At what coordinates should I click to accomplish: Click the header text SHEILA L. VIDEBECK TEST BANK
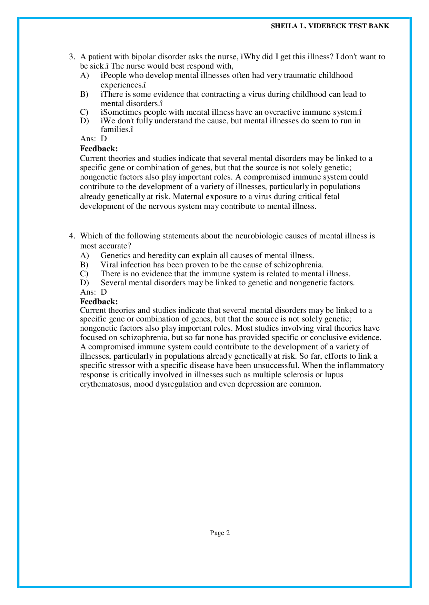(330, 26)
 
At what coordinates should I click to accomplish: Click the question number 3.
(72, 57)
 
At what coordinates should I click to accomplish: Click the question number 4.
(72, 236)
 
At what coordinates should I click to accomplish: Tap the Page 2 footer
(220, 533)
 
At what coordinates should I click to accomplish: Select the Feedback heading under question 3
(99, 148)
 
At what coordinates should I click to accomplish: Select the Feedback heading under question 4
(99, 301)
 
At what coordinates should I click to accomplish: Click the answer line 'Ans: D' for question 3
(93, 139)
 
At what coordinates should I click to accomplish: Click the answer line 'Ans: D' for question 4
(93, 292)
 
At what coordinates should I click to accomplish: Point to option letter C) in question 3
(84, 112)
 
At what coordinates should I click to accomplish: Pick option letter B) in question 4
(84, 265)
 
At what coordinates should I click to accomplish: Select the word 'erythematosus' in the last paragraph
(105, 384)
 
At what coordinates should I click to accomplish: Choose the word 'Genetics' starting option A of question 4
(116, 256)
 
